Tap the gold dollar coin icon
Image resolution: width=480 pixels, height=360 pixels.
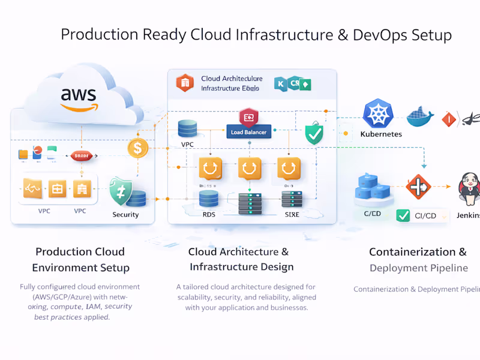tap(138, 148)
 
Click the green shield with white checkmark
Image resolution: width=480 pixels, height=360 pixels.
tap(314, 134)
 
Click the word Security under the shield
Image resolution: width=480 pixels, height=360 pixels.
tap(125, 214)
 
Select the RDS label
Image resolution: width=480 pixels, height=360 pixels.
tap(209, 214)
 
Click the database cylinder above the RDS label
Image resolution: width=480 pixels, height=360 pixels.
tap(209, 199)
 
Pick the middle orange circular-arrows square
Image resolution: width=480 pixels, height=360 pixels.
tap(250, 169)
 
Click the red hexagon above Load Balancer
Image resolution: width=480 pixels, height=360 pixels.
tap(248, 116)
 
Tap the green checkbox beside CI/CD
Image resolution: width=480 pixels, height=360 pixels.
tap(404, 215)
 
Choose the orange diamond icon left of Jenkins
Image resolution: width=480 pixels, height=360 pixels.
tap(419, 187)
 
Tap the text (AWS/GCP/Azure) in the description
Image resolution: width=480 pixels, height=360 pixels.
tap(79, 297)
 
